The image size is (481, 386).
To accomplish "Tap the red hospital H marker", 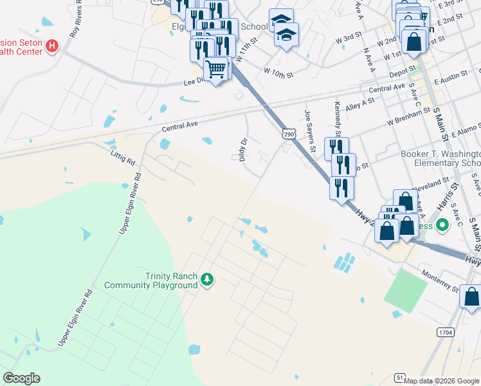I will click(x=52, y=46).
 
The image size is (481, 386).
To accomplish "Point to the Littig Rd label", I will click(x=122, y=157).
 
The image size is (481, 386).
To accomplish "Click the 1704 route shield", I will click(x=444, y=332).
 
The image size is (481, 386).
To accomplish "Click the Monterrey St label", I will click(x=440, y=281).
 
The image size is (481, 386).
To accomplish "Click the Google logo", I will click(x=21, y=378).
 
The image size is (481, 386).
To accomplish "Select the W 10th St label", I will click(x=278, y=74).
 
